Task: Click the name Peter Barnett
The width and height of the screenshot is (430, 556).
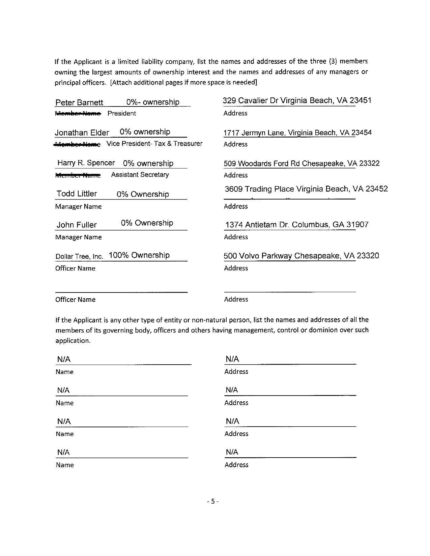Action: click(79, 102)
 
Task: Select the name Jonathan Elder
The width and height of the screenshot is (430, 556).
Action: click(82, 133)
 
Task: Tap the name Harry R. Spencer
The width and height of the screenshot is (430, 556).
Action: click(86, 163)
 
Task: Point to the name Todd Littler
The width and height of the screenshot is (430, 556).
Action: click(77, 194)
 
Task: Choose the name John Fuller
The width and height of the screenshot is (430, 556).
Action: click(77, 225)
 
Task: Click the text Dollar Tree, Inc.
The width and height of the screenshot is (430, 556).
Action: click(79, 256)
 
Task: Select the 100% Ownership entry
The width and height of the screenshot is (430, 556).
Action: click(139, 255)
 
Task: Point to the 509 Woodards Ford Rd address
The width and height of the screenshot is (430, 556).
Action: click(262, 164)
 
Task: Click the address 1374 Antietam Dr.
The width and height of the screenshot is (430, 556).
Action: click(258, 225)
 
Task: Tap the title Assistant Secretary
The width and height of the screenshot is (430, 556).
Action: click(140, 175)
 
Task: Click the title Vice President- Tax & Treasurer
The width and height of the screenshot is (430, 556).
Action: click(154, 144)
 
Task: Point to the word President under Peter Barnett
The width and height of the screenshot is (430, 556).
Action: click(122, 114)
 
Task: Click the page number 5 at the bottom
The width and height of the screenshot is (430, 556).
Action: click(213, 501)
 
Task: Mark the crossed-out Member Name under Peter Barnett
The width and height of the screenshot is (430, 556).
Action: click(78, 114)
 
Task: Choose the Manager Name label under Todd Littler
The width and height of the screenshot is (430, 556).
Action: click(78, 207)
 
